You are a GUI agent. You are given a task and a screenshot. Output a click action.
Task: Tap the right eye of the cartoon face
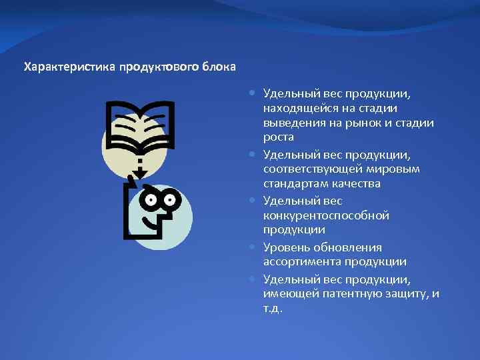click(171, 198)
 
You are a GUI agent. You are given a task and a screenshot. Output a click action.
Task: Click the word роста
click(278, 137)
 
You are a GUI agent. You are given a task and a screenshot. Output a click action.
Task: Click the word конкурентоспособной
click(326, 215)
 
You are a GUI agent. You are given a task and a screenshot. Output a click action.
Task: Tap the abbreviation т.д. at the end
click(274, 309)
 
